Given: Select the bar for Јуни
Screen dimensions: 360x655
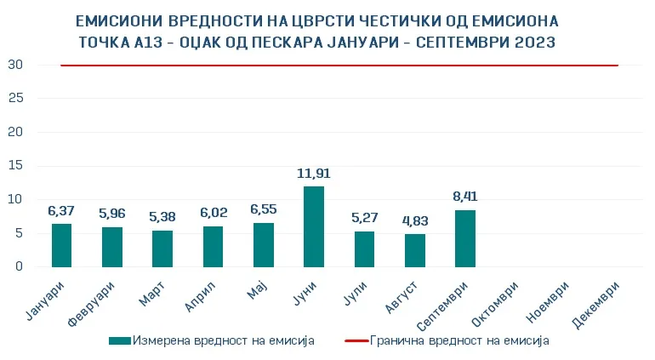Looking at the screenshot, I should pyautogui.click(x=314, y=226).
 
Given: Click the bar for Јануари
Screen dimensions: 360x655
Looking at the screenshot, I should pyautogui.click(x=61, y=245).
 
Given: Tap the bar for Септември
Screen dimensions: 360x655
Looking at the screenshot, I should pyautogui.click(x=465, y=238).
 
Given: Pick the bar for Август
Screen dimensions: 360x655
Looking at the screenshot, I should pyautogui.click(x=415, y=250).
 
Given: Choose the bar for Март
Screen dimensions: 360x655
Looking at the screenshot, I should pyautogui.click(x=162, y=249).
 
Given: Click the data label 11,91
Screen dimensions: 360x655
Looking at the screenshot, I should pyautogui.click(x=314, y=174).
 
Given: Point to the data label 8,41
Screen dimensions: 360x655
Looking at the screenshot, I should pyautogui.click(x=465, y=197).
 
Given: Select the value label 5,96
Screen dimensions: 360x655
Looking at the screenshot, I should pyautogui.click(x=112, y=214).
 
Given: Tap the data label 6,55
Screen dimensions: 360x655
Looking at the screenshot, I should pyautogui.click(x=264, y=209).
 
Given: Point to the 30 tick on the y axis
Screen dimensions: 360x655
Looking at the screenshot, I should pyautogui.click(x=15, y=65).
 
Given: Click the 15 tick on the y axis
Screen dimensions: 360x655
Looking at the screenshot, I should pyautogui.click(x=15, y=166).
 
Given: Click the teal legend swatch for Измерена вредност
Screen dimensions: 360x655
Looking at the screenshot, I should pyautogui.click(x=120, y=340).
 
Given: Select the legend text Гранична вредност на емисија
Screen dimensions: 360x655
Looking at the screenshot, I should pyautogui.click(x=459, y=340).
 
